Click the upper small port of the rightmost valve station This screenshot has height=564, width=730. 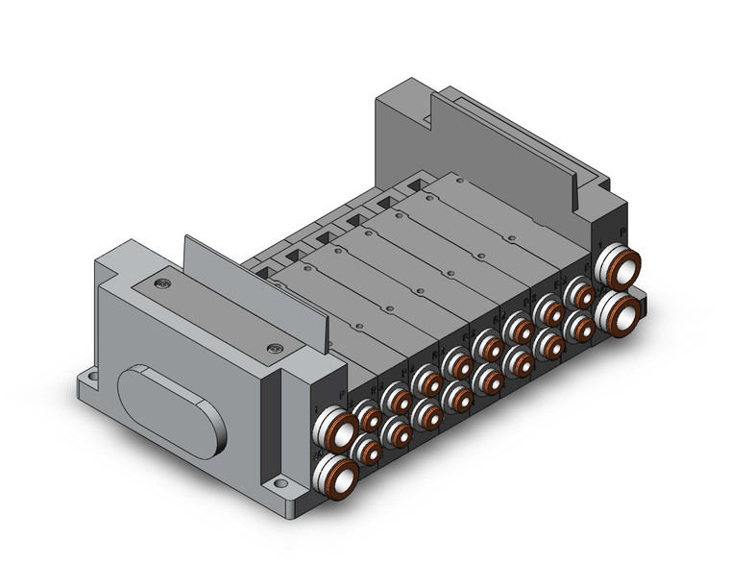tap(581, 295)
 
